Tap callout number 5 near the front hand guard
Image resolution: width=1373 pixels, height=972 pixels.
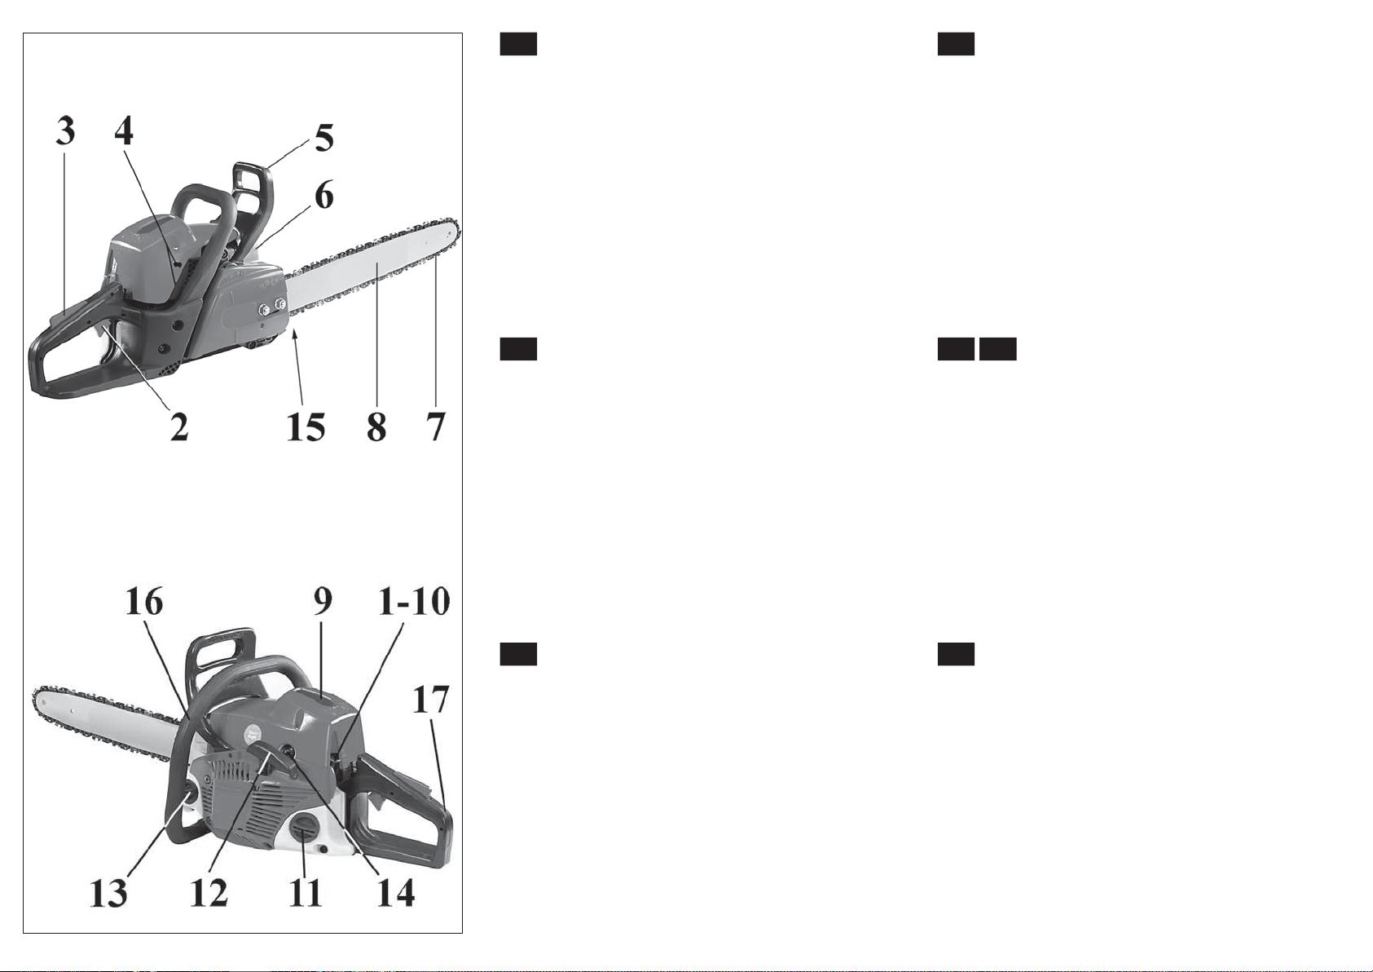324,137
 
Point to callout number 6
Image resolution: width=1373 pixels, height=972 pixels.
324,195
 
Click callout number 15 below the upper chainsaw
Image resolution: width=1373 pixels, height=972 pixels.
306,426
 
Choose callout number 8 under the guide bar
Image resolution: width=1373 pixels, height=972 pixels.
377,426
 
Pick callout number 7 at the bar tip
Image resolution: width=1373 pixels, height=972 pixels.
436,426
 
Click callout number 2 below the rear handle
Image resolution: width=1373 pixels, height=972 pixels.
179,426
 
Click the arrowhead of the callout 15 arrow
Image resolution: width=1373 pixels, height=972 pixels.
296,333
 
